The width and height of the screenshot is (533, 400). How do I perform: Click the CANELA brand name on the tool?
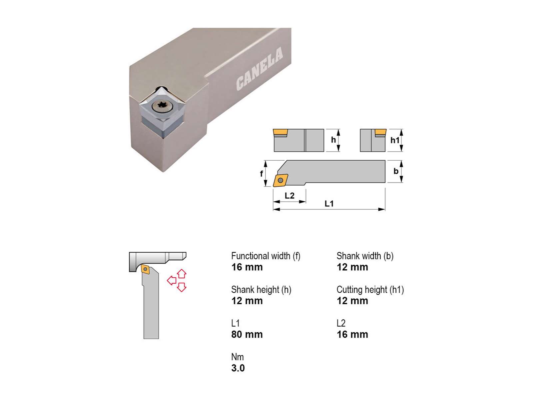(x=259, y=68)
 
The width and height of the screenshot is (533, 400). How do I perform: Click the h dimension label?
(x=333, y=140)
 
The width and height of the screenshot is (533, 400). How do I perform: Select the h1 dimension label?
(x=395, y=140)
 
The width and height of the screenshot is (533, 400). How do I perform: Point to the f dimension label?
(x=262, y=173)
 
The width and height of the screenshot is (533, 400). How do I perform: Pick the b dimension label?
(x=396, y=171)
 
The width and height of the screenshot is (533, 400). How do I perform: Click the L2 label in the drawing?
(x=289, y=196)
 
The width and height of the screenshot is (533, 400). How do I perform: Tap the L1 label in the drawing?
(x=329, y=204)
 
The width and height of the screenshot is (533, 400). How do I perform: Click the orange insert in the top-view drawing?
(x=280, y=180)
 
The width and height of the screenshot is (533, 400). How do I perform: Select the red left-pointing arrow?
(x=172, y=281)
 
